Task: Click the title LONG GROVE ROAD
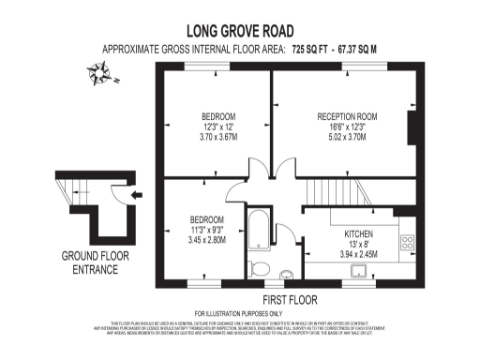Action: coord(239,31)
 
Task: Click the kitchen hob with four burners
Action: coord(408,242)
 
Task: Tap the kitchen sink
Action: coord(357,271)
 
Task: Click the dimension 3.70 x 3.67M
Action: coord(217,137)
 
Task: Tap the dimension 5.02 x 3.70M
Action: coord(344,137)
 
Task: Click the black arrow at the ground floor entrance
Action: coord(138,195)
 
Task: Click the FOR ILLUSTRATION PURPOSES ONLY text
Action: coord(238,312)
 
